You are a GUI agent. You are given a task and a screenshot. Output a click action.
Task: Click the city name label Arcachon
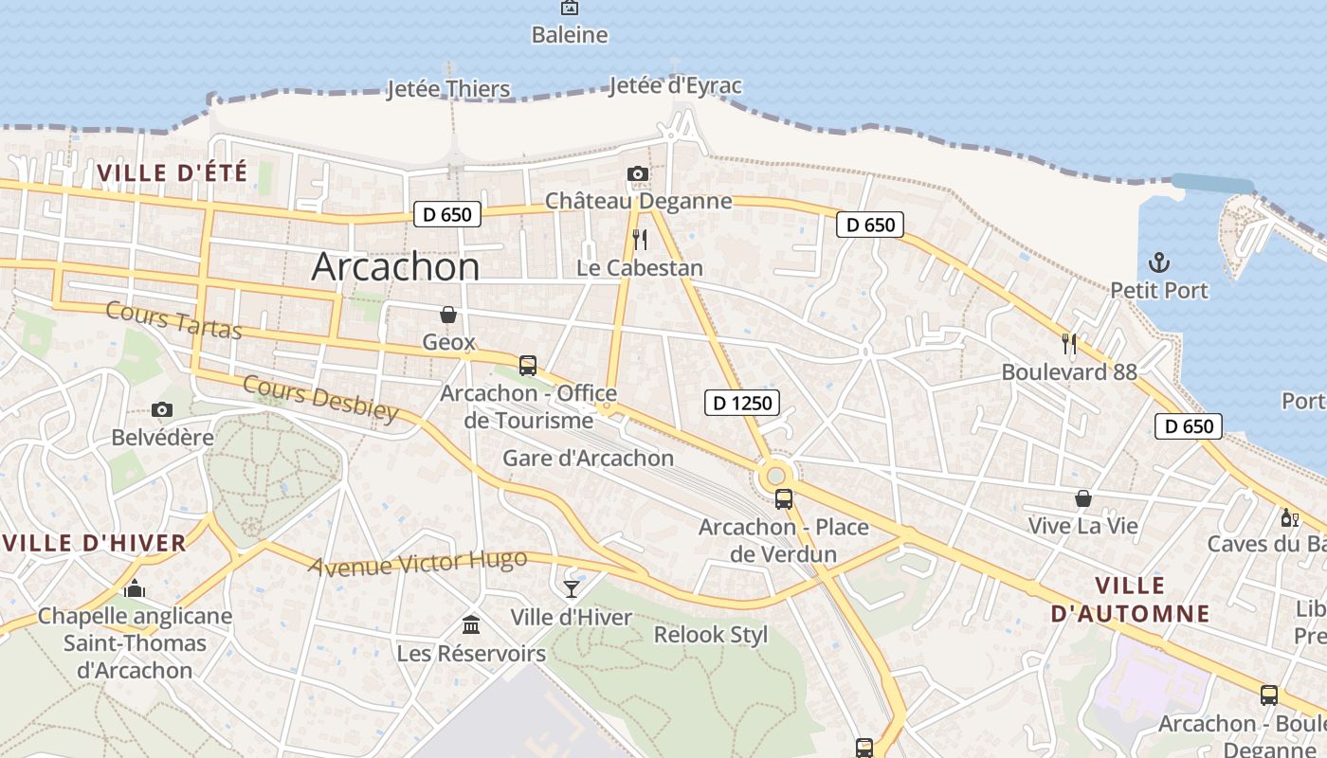click(395, 267)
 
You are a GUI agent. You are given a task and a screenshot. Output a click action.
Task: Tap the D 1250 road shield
click(742, 403)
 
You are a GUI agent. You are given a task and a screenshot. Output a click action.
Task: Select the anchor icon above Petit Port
click(1158, 262)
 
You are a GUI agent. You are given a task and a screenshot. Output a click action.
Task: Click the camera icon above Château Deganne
click(638, 173)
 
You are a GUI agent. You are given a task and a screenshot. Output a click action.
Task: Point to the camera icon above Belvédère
click(162, 409)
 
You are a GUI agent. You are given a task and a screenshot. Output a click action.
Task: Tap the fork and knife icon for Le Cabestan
click(640, 239)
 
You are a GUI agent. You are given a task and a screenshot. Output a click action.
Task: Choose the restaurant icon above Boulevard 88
click(1069, 343)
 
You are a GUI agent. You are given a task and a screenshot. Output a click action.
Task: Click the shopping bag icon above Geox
click(447, 314)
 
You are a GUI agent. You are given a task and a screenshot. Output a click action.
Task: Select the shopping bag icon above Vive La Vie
click(1082, 497)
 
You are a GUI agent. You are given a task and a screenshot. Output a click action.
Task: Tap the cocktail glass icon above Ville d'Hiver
click(571, 588)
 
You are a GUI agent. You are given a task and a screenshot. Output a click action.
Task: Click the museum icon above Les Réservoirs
click(470, 624)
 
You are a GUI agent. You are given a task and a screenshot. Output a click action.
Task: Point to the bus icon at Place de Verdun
click(783, 498)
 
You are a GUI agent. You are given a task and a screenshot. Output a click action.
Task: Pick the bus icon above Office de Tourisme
click(528, 365)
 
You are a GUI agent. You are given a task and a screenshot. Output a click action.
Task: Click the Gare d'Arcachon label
click(588, 459)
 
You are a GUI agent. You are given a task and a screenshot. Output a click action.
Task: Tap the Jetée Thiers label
click(448, 90)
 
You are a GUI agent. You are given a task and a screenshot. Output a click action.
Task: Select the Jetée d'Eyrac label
click(675, 86)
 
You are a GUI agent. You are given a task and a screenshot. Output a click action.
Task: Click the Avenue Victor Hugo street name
click(417, 562)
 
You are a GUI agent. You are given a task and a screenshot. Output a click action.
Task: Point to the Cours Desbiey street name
click(320, 397)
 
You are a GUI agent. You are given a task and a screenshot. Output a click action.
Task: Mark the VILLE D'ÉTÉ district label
click(172, 172)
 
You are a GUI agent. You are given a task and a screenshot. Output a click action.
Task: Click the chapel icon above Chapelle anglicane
click(135, 588)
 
